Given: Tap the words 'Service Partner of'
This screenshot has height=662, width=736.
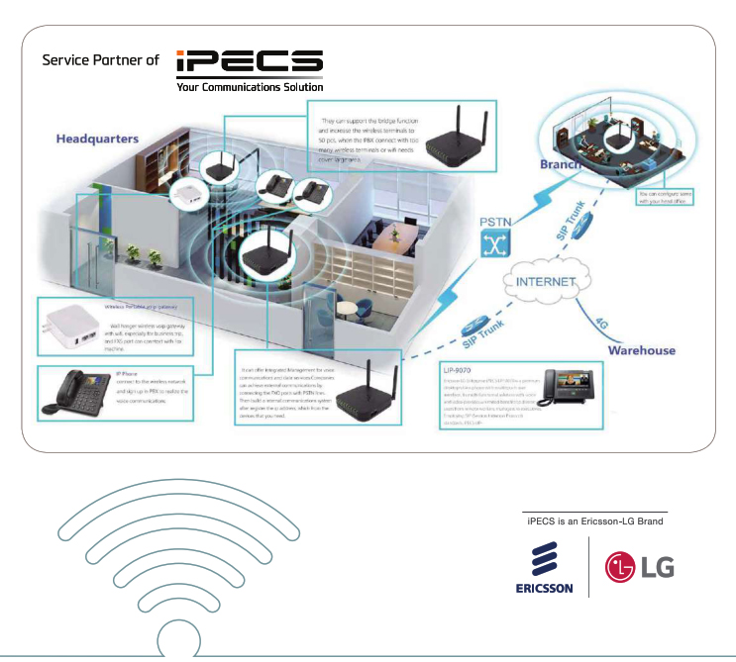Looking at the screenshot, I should click(x=100, y=60).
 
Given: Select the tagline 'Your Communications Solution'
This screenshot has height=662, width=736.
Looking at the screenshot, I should click(x=250, y=87).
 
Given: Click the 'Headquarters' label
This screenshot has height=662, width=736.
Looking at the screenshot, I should click(x=97, y=138).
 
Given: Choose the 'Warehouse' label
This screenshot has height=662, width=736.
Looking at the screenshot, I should click(x=641, y=350).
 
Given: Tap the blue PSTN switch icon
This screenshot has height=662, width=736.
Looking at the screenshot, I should click(x=496, y=247).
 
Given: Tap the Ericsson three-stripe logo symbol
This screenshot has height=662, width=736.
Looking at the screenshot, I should click(x=542, y=562).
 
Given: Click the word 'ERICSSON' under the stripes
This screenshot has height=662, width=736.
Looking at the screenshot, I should click(x=544, y=588).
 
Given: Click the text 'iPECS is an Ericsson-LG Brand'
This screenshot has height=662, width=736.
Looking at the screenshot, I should click(x=594, y=520).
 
